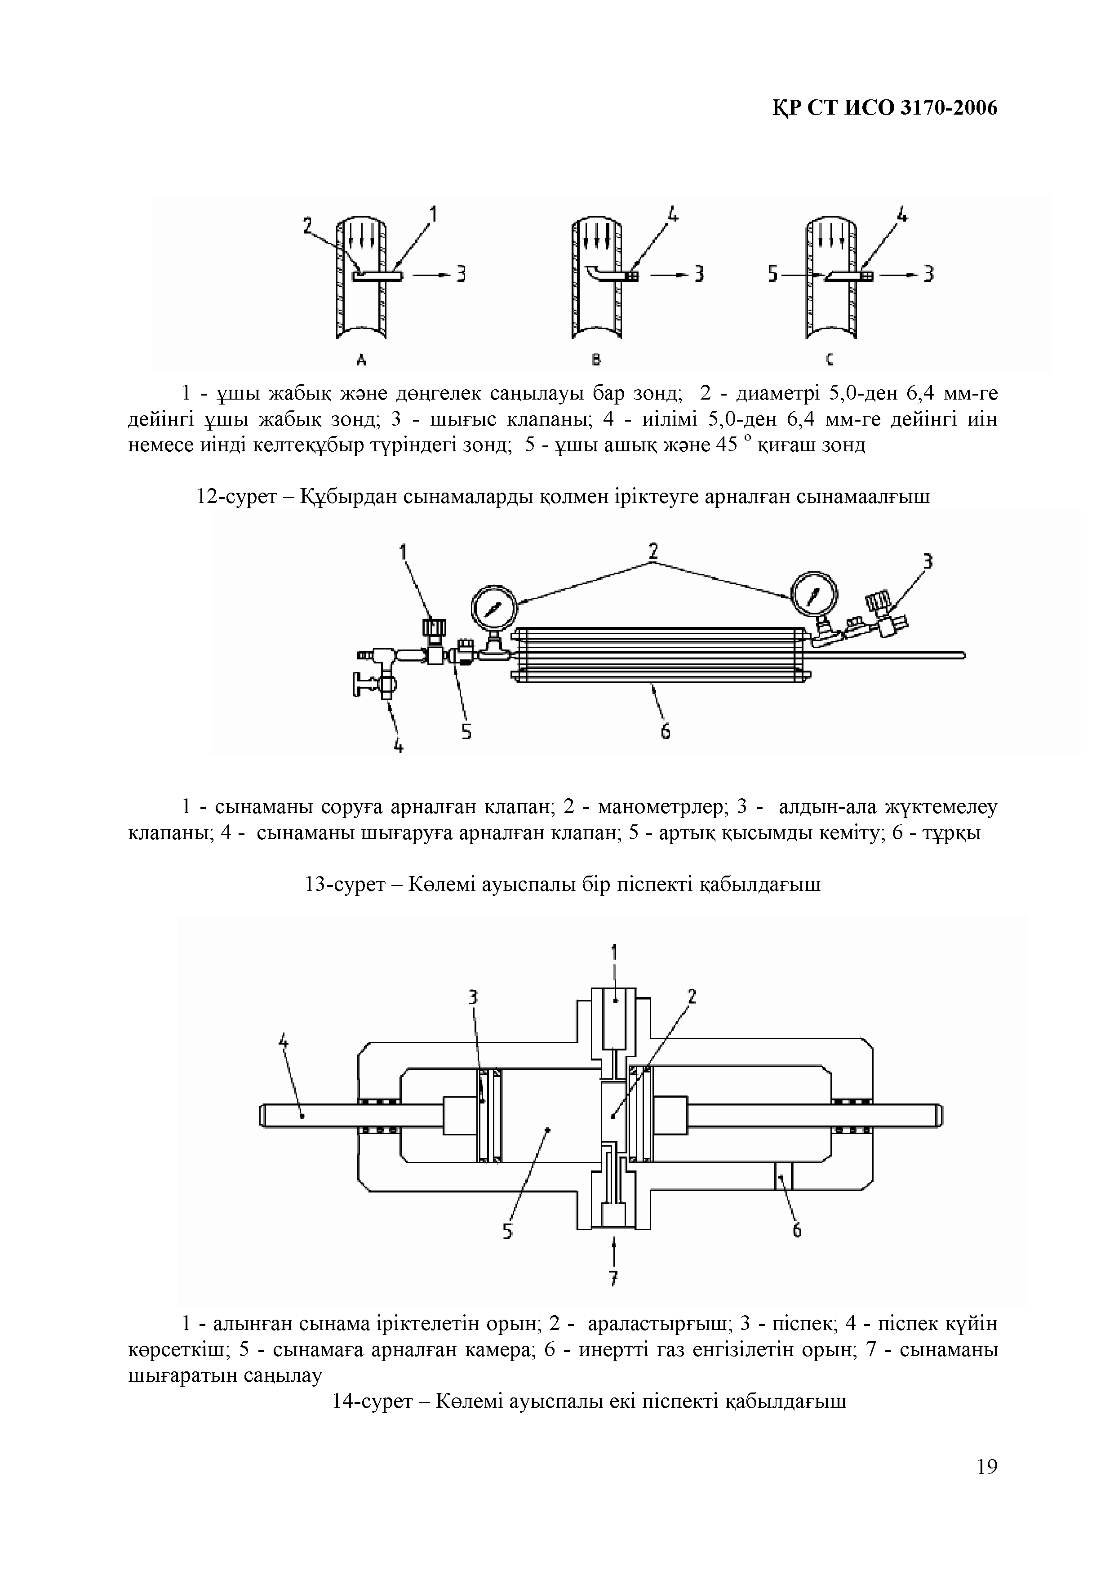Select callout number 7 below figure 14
(x=614, y=1278)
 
